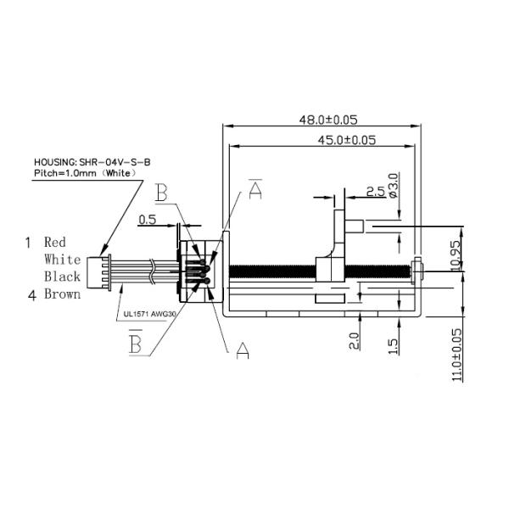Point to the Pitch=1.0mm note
pyautogui.click(x=85, y=172)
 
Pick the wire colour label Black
pyautogui.click(x=62, y=277)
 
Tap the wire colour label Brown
pyautogui.click(x=62, y=294)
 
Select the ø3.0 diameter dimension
pyautogui.click(x=392, y=186)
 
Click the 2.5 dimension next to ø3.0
pyautogui.click(x=375, y=191)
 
